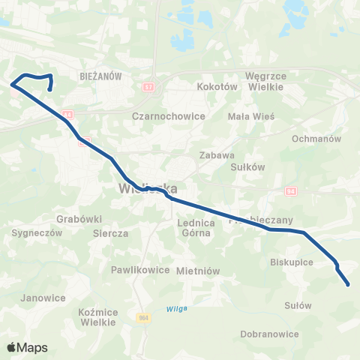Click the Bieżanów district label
[x=94, y=76]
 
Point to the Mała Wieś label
[x=252, y=116]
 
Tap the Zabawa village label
[x=213, y=155]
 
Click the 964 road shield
[x=143, y=318]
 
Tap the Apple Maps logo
[x=27, y=347]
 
